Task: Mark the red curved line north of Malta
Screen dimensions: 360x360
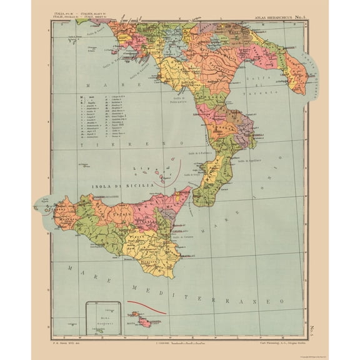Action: point(147,307)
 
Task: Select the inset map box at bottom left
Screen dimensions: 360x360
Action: point(102,318)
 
